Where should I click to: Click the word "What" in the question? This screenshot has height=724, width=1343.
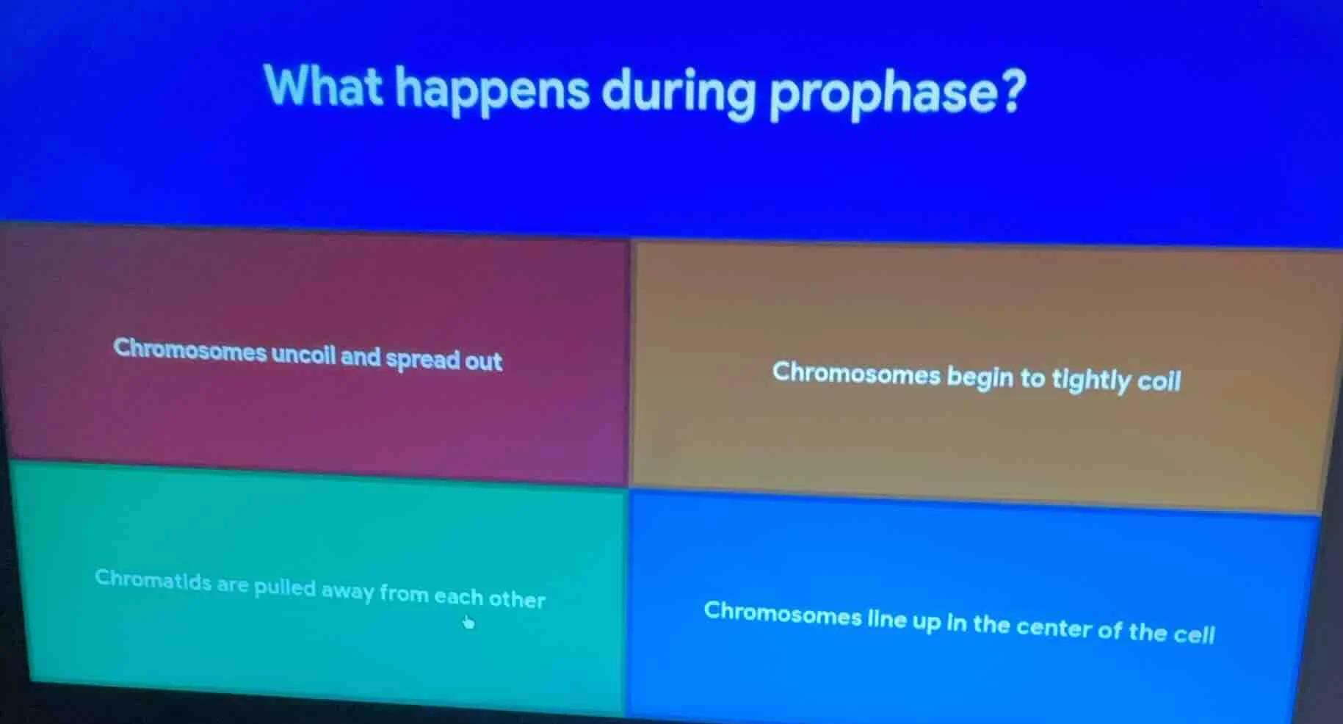point(323,87)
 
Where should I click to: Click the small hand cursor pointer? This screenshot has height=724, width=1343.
point(468,623)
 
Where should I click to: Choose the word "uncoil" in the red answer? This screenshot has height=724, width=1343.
point(303,355)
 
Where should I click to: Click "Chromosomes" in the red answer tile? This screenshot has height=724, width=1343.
point(189,350)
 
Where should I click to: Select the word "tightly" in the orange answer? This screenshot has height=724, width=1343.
point(1090,380)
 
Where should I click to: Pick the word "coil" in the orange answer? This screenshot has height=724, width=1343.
point(1159,381)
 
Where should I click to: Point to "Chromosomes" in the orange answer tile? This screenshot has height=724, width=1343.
point(855,373)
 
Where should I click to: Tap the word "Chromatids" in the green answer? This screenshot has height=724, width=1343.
point(153,579)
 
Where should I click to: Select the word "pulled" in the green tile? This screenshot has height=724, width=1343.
point(285,587)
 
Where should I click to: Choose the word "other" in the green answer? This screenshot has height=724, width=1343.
point(517,599)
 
